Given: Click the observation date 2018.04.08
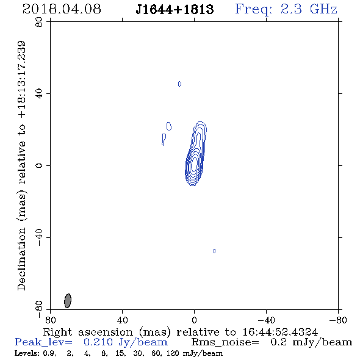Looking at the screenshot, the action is click(x=62, y=9).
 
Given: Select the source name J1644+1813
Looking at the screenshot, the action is click(x=175, y=9).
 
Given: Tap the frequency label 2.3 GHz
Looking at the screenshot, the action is click(x=309, y=9).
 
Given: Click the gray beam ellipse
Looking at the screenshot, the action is click(x=68, y=300).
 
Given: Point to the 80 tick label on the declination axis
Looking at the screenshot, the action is click(x=39, y=22).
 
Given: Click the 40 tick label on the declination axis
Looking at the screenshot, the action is click(x=39, y=94).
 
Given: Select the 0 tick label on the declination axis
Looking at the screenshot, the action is click(x=39, y=165).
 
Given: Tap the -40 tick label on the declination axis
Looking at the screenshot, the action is click(x=39, y=237).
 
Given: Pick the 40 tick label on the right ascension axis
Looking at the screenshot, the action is click(x=122, y=320).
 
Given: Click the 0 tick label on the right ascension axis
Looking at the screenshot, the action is click(x=194, y=320).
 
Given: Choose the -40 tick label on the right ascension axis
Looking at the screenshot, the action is click(x=266, y=320).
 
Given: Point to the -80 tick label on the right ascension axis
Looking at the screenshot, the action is click(x=338, y=320).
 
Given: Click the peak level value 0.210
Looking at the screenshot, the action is click(x=98, y=342).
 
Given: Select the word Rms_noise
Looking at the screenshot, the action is click(x=225, y=342).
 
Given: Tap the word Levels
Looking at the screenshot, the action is click(x=24, y=353).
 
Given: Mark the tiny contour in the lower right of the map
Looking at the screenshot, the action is click(x=214, y=251).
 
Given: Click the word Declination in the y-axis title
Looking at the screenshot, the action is click(x=21, y=259).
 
